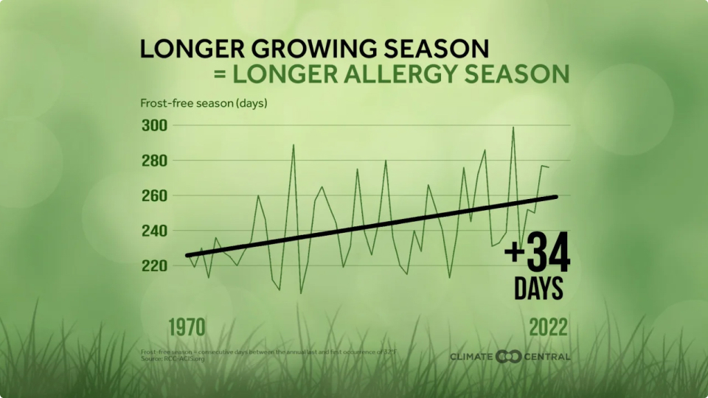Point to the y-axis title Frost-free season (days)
pos(204,102)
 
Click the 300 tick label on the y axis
pos(154,125)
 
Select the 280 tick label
pos(154,161)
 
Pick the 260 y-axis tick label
pos(154,196)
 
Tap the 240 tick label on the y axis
pos(154,231)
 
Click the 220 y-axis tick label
pos(154,265)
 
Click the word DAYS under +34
pos(538,288)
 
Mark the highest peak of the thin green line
pos(513,128)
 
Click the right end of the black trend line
pos(556,196)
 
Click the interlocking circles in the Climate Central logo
pos(508,357)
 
